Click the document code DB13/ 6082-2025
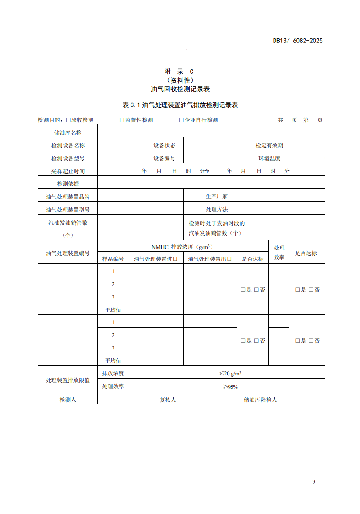click(297, 41)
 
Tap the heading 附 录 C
click(180, 72)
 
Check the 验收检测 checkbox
click(68, 120)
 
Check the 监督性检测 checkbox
click(122, 120)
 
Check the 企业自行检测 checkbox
click(182, 120)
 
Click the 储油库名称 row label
click(68, 132)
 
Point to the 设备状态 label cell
click(164, 145)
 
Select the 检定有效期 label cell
click(269, 145)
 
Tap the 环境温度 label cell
click(269, 158)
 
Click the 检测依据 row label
click(68, 184)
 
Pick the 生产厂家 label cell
click(216, 196)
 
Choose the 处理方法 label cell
click(216, 209)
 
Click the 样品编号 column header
click(113, 259)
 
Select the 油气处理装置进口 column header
click(156, 259)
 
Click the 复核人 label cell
click(168, 400)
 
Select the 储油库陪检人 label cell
click(260, 400)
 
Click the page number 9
click(313, 481)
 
